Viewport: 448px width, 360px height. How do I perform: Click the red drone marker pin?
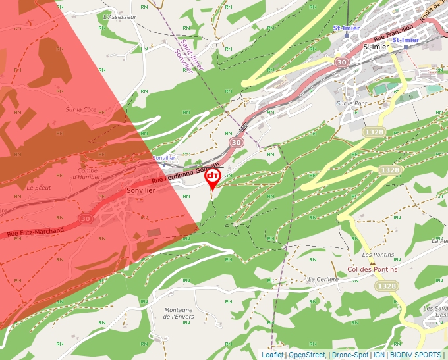[212, 178]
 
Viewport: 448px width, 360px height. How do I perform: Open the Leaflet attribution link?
[272, 355]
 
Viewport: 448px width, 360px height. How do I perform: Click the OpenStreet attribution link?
[306, 355]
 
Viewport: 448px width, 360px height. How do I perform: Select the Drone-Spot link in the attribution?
[350, 355]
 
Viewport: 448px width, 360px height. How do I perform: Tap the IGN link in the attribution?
[379, 355]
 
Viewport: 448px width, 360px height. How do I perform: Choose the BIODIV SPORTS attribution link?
[416, 355]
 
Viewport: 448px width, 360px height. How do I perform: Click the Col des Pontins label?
[372, 269]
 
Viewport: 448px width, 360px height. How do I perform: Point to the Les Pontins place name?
[378, 255]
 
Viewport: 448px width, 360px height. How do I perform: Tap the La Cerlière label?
[323, 279]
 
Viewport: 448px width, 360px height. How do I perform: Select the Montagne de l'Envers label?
[179, 313]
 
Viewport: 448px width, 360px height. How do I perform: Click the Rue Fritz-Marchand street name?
[36, 232]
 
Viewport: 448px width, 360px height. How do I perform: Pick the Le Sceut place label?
[39, 187]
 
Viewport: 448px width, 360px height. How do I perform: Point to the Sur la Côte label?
[81, 109]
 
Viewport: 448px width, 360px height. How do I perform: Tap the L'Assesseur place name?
[120, 16]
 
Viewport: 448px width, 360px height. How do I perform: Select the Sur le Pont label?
[350, 103]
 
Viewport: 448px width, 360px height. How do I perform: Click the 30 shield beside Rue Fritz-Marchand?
[86, 219]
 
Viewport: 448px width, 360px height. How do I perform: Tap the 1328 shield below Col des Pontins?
[385, 286]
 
